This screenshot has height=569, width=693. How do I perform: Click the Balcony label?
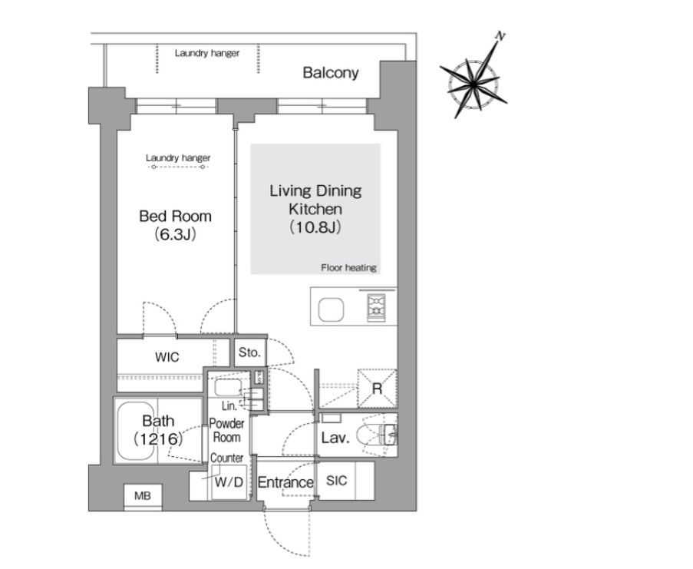(x=331, y=72)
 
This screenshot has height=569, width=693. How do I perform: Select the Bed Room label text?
(x=176, y=217)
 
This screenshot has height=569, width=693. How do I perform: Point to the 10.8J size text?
(x=315, y=227)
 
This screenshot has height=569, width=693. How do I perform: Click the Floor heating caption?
(x=348, y=267)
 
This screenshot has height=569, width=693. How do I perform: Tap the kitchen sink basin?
(x=331, y=309)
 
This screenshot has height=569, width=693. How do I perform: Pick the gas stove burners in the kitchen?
(x=376, y=306)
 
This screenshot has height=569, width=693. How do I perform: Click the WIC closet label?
(x=167, y=357)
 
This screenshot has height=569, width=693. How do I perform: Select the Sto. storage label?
(x=249, y=352)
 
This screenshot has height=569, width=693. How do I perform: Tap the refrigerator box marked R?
(x=377, y=389)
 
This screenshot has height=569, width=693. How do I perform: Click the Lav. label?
(x=335, y=438)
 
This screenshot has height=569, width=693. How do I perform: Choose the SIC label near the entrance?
(x=336, y=480)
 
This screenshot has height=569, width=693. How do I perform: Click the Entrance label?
(x=285, y=482)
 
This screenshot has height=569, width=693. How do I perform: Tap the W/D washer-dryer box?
(x=229, y=482)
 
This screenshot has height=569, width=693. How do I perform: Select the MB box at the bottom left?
(x=143, y=497)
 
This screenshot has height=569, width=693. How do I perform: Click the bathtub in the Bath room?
(x=137, y=431)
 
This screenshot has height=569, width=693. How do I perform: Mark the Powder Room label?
(x=226, y=431)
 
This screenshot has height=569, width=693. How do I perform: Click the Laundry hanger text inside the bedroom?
(x=178, y=158)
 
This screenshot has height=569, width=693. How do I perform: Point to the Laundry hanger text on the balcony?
(x=207, y=53)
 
